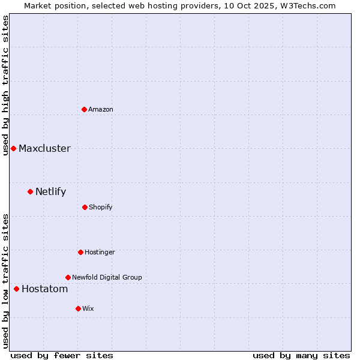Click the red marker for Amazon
84,109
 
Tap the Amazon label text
101,109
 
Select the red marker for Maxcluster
13,148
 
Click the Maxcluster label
44,148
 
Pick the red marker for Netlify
30,192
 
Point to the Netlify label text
50,192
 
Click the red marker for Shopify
85,207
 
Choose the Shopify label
101,207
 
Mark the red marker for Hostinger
80,252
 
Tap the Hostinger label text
100,252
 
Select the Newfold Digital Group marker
68,277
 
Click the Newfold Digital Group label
107,277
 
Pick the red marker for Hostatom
16,289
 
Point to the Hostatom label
44,289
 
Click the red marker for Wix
78,308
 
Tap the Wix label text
88,308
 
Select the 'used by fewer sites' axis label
62,355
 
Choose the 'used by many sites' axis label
301,355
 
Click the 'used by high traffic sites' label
5,85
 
